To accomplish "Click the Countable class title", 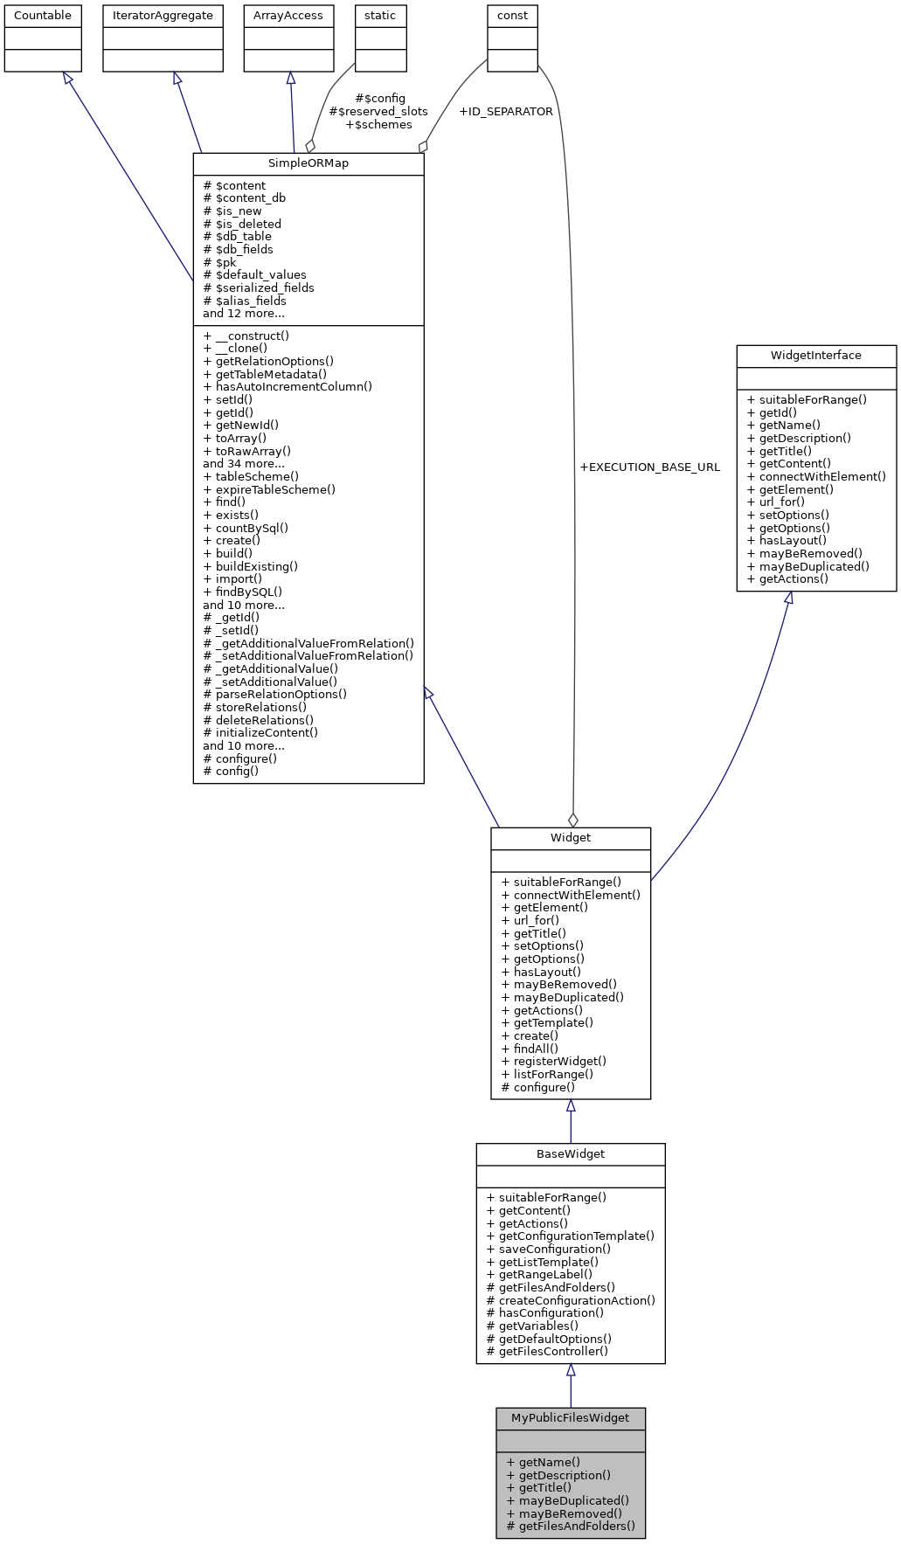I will [43, 16].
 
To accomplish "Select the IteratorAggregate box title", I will [163, 16].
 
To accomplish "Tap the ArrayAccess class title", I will [288, 16].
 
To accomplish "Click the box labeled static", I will [380, 16].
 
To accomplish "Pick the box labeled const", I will [512, 16].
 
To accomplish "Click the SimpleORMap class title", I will [308, 164].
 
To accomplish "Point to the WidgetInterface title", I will [815, 356].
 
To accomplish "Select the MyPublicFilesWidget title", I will [570, 1417].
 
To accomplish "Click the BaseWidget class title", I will [570, 1153].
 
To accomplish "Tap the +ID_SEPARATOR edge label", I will [506, 112].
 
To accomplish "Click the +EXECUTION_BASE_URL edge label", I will [650, 467].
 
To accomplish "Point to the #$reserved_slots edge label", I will [378, 112].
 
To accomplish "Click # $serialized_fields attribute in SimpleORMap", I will [259, 287].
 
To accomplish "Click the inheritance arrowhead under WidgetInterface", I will [788, 599].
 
